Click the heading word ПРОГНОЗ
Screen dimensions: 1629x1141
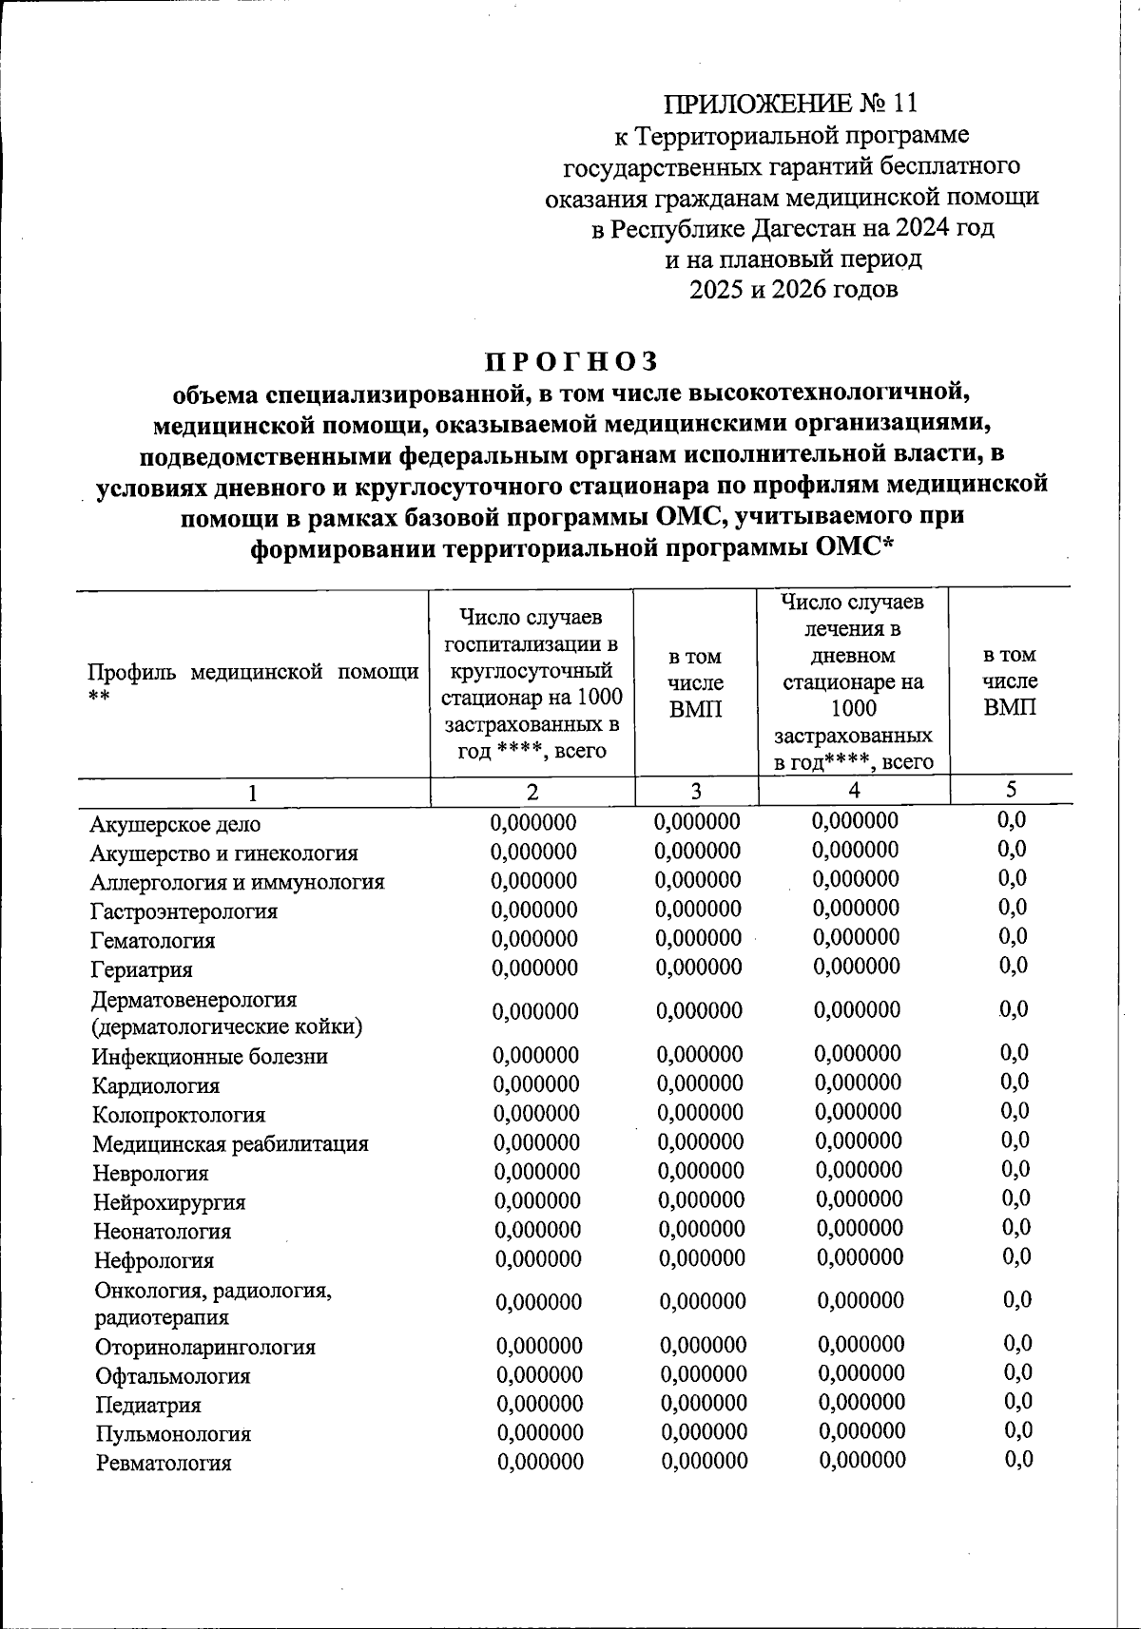tap(571, 362)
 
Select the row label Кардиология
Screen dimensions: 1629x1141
tap(156, 1085)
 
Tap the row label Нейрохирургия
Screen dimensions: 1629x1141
tap(169, 1202)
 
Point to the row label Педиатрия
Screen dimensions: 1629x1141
tap(148, 1405)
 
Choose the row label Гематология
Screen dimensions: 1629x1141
tap(153, 940)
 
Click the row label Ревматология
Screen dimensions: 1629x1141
tap(164, 1463)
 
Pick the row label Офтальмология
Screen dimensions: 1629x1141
tap(173, 1376)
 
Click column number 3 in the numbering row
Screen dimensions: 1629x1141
tap(696, 791)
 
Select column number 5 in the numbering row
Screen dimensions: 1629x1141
tap(1011, 789)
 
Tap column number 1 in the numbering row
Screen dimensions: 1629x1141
tap(252, 793)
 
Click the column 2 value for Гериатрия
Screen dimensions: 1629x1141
tap(534, 968)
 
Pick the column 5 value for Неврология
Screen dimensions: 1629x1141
tap(1015, 1170)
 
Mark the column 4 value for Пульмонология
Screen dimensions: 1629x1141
tap(861, 1431)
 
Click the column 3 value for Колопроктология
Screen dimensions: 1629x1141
tap(700, 1113)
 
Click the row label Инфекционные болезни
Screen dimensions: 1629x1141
tap(210, 1056)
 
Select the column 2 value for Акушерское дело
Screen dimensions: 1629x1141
tap(533, 823)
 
